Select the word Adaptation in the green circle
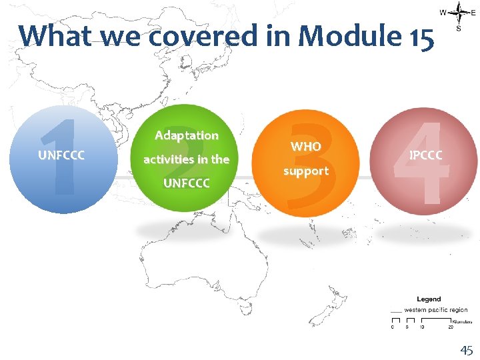click(187, 135)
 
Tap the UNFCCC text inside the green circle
click(186, 182)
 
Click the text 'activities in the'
click(186, 159)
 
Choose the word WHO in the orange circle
click(306, 146)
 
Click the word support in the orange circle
click(306, 171)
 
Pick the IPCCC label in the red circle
click(425, 155)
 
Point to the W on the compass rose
click(443, 12)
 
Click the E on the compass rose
click(474, 12)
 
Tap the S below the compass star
click(459, 29)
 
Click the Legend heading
click(429, 299)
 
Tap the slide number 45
click(465, 350)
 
